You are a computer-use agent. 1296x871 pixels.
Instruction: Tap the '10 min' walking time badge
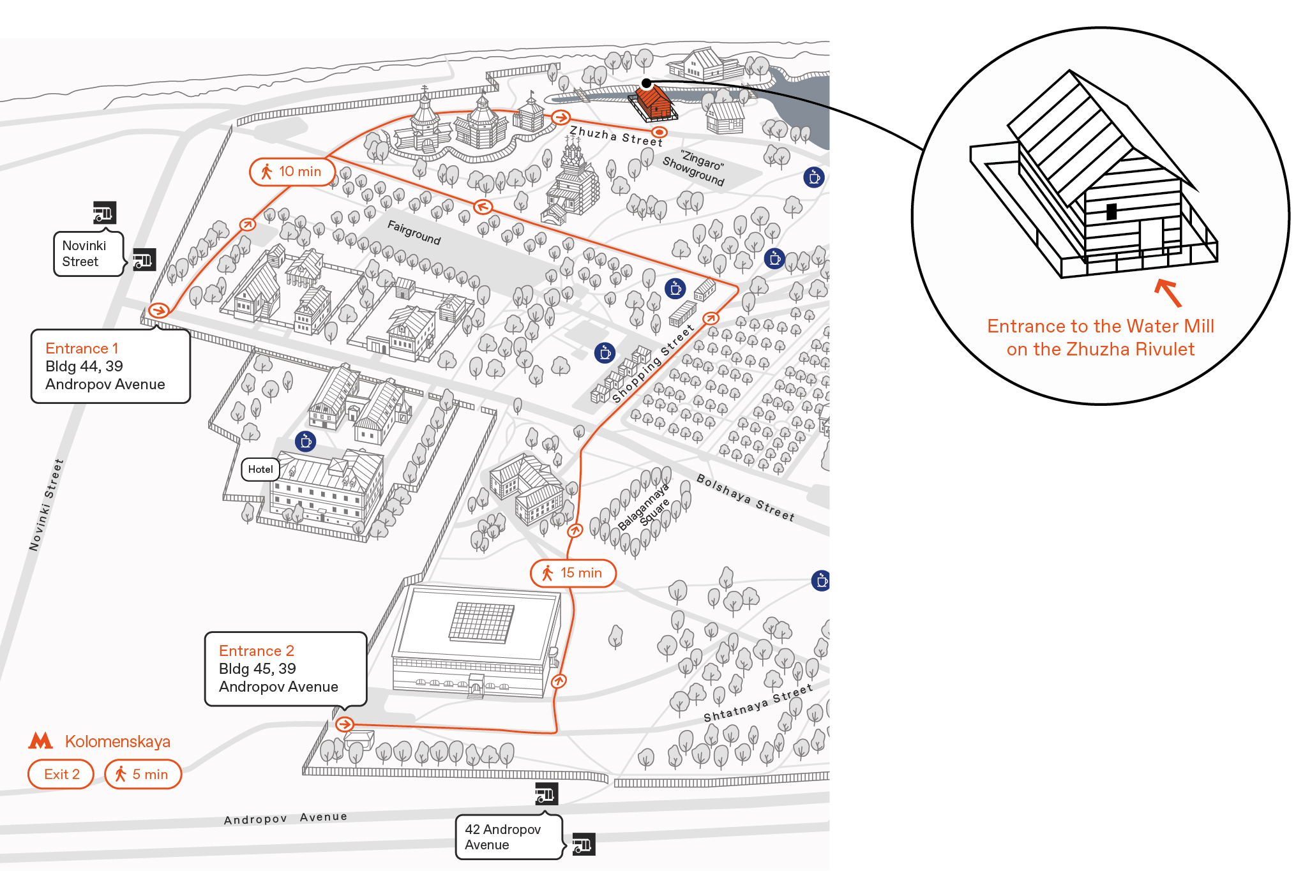(x=292, y=172)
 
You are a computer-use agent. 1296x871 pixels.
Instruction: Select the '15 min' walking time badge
(x=573, y=573)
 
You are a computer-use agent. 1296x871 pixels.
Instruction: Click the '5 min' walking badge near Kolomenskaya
(x=143, y=774)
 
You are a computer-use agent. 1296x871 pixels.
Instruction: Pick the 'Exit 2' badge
(x=61, y=774)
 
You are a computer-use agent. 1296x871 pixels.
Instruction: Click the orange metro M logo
(x=40, y=740)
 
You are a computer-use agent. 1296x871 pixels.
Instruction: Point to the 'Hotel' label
(x=260, y=469)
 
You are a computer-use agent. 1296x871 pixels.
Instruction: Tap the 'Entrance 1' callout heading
(x=82, y=348)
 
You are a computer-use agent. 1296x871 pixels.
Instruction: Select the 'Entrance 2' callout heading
(x=256, y=651)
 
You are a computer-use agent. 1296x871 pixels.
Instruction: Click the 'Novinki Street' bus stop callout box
(x=88, y=254)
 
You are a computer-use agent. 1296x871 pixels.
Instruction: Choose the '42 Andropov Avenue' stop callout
(x=509, y=837)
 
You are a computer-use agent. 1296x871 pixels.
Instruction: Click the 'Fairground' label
(x=414, y=232)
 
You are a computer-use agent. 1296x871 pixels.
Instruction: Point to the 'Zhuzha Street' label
(x=616, y=136)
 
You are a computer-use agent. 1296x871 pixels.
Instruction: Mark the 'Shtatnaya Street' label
(x=758, y=703)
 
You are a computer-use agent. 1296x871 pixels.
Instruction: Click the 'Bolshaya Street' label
(x=745, y=498)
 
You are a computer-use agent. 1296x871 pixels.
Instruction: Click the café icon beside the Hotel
(x=306, y=441)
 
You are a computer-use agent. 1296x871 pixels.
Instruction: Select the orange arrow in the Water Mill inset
(x=1168, y=292)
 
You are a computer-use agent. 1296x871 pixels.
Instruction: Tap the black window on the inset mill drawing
(x=1111, y=211)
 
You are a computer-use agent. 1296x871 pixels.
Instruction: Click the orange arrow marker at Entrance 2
(x=345, y=724)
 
